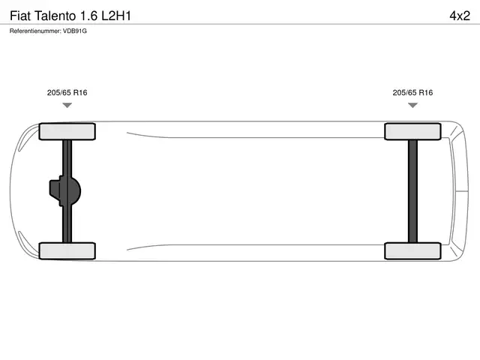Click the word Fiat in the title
point(20,16)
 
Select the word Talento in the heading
point(55,16)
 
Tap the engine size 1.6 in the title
point(89,16)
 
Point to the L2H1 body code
point(116,16)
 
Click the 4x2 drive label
point(460,16)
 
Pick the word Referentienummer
point(35,31)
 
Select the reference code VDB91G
point(75,31)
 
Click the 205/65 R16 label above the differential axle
point(67,92)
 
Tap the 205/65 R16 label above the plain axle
point(412,92)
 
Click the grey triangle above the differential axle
point(67,105)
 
